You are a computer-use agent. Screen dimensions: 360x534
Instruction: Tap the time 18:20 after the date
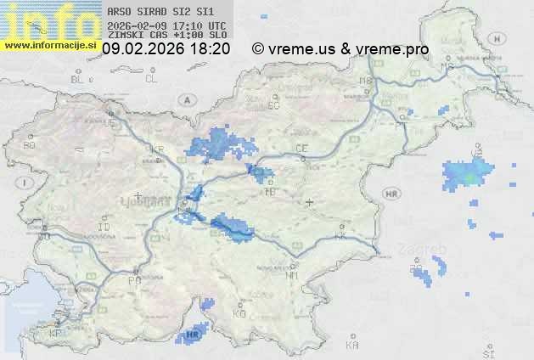point(209,49)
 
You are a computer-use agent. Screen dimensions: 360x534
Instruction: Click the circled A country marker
point(185,99)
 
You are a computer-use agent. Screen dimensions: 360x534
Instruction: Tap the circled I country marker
point(26,183)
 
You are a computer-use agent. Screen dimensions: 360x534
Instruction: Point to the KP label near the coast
point(56,334)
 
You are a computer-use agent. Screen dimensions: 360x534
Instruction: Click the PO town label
point(133,279)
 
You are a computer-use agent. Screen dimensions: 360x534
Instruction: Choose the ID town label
point(104,228)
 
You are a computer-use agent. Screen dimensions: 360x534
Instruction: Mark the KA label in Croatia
point(352,346)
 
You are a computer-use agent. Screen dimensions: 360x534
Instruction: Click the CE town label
point(301,149)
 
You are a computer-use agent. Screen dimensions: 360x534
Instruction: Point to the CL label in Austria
point(151,79)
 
